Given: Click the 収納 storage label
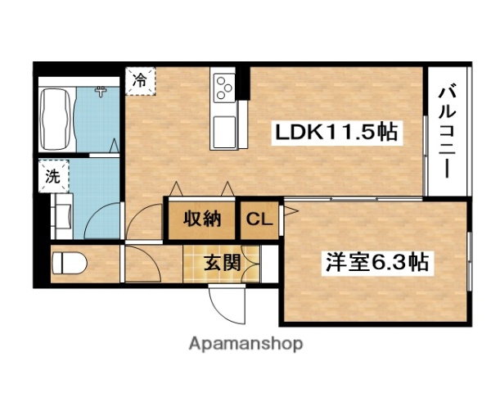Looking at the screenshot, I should (202, 219).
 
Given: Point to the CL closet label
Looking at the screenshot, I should (258, 219).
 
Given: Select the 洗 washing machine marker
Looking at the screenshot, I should (52, 174).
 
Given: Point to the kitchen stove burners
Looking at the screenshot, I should (223, 88).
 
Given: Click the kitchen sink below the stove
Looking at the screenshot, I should (223, 129).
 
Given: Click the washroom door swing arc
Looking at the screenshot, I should (103, 219).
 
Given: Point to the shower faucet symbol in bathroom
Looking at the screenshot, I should (101, 91).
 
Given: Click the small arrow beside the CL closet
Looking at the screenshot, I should (288, 214).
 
